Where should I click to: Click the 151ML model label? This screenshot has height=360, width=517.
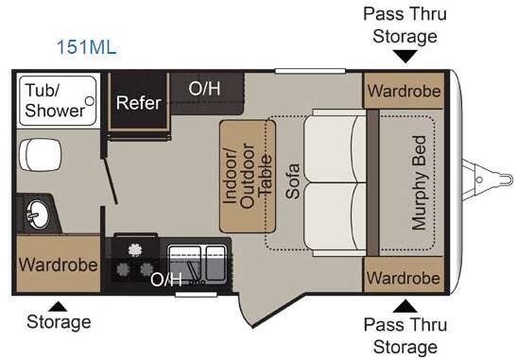coord(87,47)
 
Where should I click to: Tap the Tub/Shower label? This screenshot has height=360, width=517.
coord(55,100)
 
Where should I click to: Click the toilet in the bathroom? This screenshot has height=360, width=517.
coord(40,155)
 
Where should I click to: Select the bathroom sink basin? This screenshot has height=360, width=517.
coord(38,214)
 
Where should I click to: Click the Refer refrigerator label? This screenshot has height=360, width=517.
coord(139,103)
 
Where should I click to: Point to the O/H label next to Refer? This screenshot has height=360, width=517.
coord(204,89)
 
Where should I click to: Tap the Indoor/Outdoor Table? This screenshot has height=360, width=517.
coord(248,177)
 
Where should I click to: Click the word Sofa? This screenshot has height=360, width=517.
coord(292,181)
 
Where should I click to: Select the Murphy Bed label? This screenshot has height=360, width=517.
coord(419,182)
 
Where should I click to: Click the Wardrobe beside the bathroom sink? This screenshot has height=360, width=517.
coord(59,265)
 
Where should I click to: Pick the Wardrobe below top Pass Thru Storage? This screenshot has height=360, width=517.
coord(404,91)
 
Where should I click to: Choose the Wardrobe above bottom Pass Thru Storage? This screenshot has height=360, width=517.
coord(404,278)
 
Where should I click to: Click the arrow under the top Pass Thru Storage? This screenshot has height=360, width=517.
coord(405,56)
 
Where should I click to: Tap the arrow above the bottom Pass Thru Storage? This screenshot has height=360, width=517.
coord(405,306)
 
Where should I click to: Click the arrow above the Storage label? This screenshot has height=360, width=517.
coord(58,306)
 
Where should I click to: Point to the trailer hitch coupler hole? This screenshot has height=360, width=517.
coord(479,180)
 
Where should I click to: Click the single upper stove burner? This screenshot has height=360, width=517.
coord(134,249)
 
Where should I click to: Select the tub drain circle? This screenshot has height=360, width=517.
coord(90,101)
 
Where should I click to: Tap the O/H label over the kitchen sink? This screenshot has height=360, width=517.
coord(166,280)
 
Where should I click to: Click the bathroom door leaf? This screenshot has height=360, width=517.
coord(111,180)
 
